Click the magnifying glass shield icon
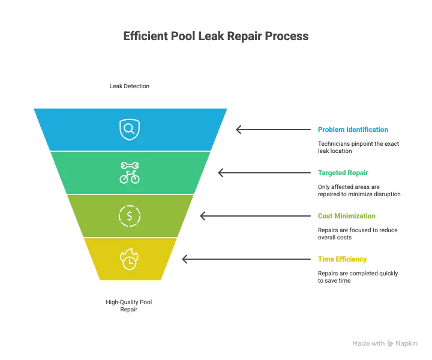[130, 128]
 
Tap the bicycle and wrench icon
[130, 172]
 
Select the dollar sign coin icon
[130, 215]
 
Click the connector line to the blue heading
[274, 130]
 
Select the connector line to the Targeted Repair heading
[264, 173]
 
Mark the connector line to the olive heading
[254, 216]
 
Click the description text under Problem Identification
[359, 146]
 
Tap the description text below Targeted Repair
[359, 190]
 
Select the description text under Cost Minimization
[358, 232]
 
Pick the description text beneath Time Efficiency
[358, 275]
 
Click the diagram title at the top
[215, 37]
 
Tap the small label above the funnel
[130, 86]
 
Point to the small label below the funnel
[130, 304]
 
